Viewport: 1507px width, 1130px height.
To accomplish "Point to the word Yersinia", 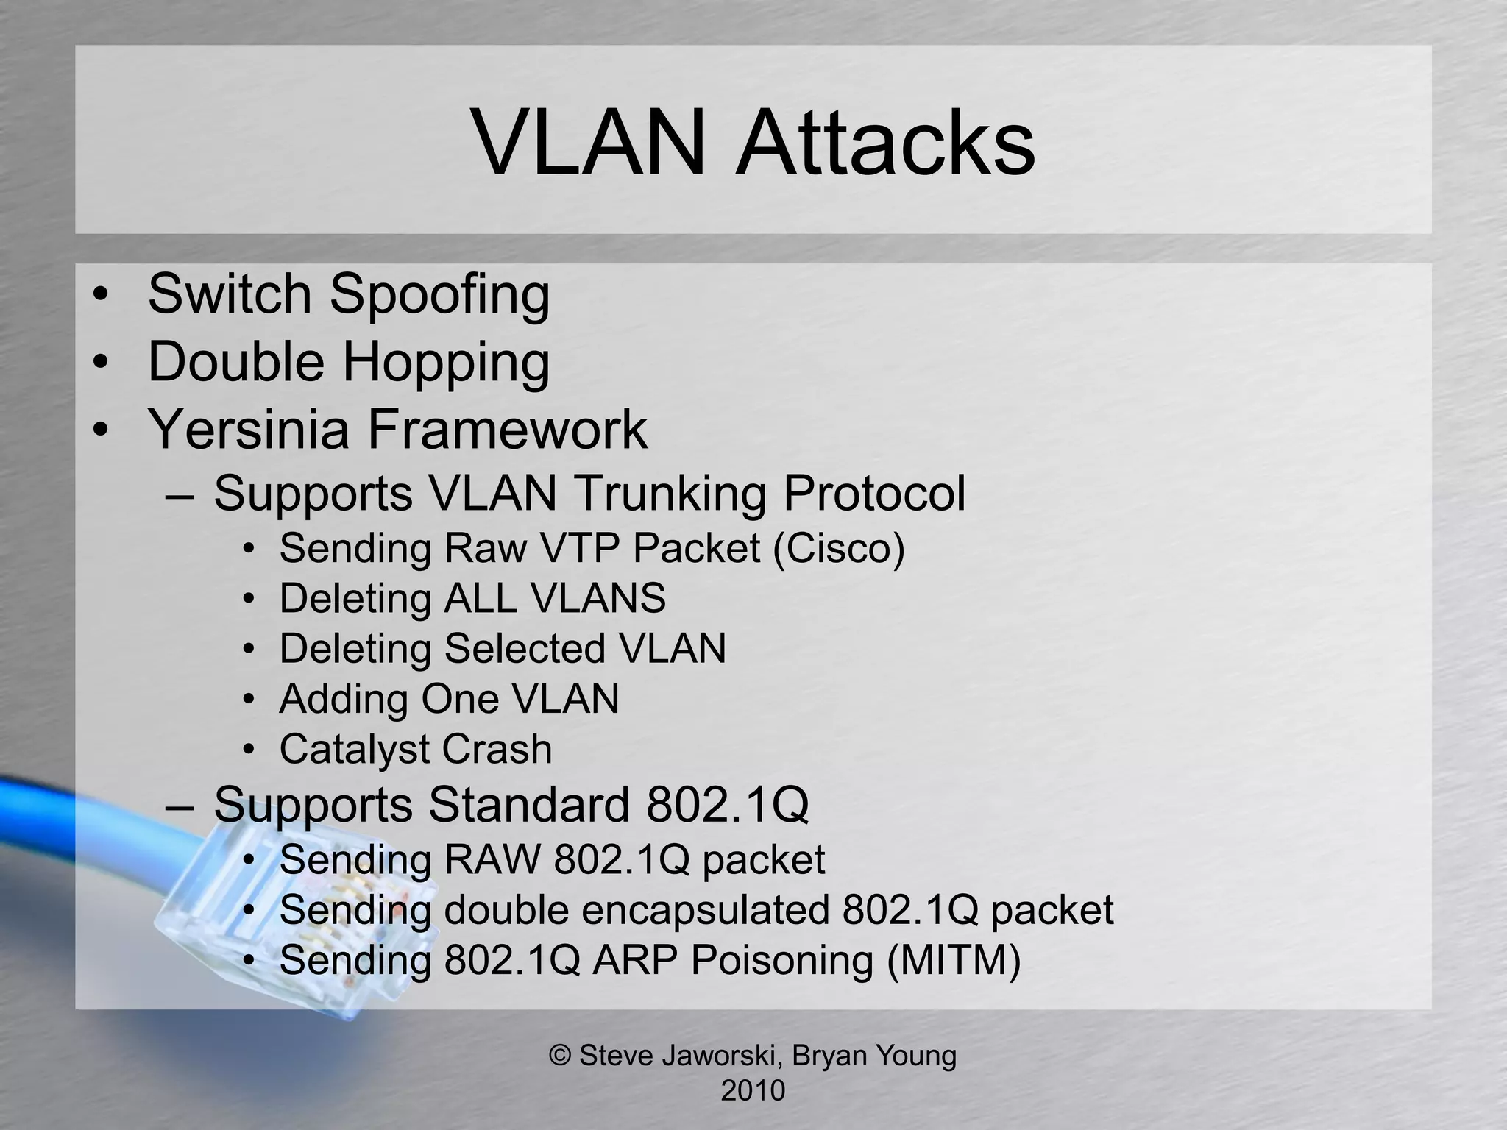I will point(248,430).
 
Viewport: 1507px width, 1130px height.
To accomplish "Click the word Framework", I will point(507,430).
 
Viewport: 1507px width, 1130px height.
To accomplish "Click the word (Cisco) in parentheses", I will point(839,548).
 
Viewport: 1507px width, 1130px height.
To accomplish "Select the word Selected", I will point(524,649).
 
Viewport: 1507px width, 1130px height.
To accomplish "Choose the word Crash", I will point(497,750).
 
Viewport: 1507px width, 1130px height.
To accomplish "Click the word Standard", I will point(528,804).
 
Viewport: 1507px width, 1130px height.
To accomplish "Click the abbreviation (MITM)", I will point(954,960).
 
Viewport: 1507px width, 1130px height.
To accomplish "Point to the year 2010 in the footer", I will point(753,1090).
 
